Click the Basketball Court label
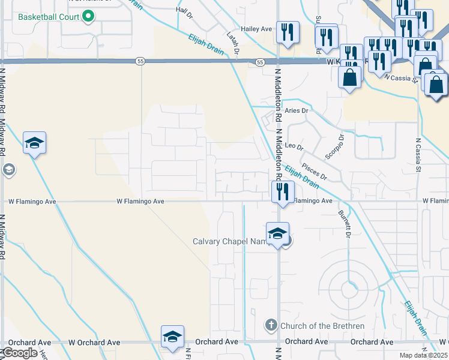pos(49,16)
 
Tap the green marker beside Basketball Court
pos(88,16)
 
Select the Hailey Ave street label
pos(256,28)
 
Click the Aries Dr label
pos(296,111)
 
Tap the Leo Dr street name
pos(294,146)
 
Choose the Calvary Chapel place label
pos(228,242)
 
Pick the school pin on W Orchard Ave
pos(172,337)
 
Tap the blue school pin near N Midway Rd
pos(34,143)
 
